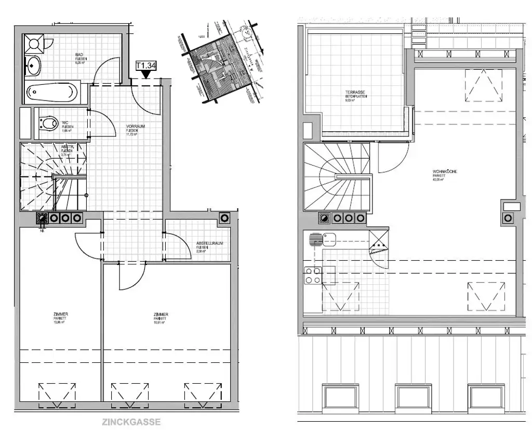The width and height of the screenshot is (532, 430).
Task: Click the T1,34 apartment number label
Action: click(x=146, y=65)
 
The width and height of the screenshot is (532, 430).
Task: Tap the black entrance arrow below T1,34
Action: click(x=146, y=74)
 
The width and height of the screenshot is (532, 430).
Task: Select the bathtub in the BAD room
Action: click(x=52, y=94)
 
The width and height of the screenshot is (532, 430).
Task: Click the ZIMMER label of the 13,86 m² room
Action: click(x=61, y=314)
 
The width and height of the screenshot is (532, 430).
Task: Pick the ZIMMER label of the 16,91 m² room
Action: click(x=160, y=314)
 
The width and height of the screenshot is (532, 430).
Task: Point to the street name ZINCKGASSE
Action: click(x=131, y=422)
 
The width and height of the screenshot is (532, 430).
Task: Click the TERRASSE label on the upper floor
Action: click(x=353, y=93)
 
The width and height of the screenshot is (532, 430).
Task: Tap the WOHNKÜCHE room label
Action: click(x=445, y=172)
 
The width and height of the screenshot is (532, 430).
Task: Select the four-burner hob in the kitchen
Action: click(x=313, y=275)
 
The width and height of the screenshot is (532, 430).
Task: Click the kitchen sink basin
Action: click(x=328, y=239)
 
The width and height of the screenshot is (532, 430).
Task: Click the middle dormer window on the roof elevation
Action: click(x=414, y=397)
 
